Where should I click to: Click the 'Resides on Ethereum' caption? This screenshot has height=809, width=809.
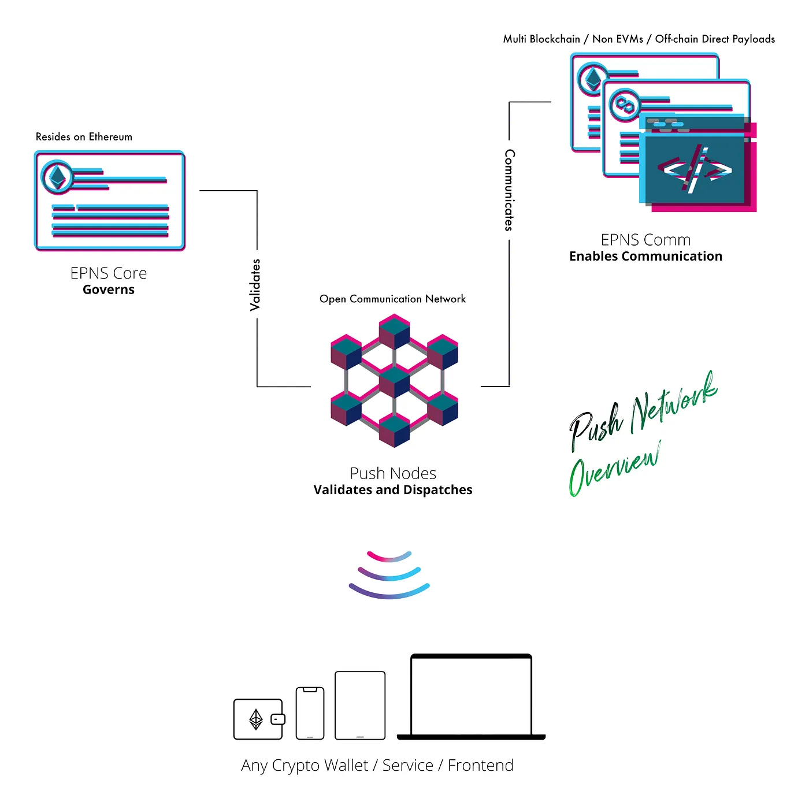click(84, 137)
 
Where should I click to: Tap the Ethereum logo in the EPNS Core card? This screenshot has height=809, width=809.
click(57, 177)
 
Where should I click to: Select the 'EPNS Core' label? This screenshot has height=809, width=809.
click(109, 273)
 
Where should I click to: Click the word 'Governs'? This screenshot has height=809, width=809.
click(109, 290)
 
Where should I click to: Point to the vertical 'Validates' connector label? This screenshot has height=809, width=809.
click(255, 285)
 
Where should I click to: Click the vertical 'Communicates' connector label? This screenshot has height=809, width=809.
click(509, 190)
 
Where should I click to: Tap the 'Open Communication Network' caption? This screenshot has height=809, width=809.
click(392, 299)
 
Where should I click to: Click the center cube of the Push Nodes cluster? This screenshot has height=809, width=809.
click(394, 381)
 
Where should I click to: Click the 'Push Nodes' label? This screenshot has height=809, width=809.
click(393, 473)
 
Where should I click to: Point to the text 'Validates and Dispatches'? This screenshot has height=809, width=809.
click(393, 490)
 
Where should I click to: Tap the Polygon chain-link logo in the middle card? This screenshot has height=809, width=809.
click(624, 105)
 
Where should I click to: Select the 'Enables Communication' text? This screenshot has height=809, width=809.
click(645, 257)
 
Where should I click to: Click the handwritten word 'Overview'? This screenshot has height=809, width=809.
click(614, 468)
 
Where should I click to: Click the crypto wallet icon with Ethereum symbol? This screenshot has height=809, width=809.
click(258, 719)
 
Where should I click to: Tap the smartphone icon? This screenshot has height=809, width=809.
click(310, 713)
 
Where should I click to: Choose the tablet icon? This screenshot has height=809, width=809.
click(360, 705)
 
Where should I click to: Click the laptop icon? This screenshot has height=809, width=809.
click(471, 697)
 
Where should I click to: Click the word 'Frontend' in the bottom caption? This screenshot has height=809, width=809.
click(480, 765)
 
